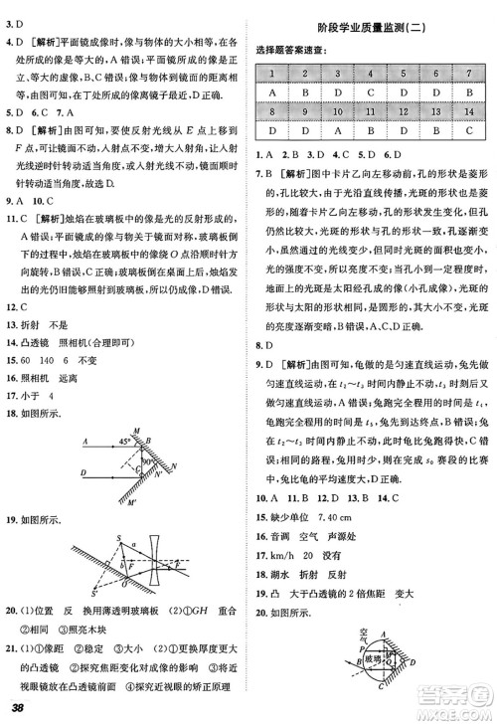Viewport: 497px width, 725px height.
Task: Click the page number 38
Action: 17,708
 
